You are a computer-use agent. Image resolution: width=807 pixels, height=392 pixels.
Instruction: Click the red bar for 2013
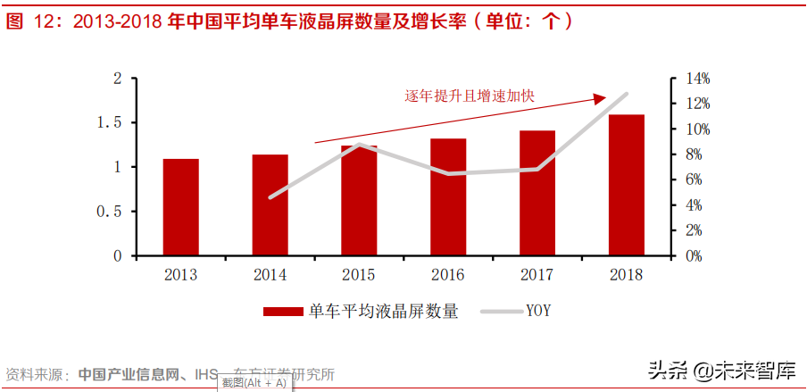[x=180, y=207]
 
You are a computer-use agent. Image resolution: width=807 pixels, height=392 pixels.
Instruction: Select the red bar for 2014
[x=270, y=205]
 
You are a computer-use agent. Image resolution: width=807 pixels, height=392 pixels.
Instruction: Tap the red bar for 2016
[x=448, y=197]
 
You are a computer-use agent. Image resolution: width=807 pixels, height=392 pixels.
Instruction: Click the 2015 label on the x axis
[x=359, y=275]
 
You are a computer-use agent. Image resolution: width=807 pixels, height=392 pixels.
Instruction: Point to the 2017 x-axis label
[x=537, y=275]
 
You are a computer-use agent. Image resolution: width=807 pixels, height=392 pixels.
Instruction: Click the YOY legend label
[x=537, y=311]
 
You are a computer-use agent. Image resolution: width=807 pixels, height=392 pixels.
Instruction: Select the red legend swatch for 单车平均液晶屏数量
[x=283, y=312]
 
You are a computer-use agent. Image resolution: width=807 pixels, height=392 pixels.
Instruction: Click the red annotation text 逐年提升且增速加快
[x=470, y=96]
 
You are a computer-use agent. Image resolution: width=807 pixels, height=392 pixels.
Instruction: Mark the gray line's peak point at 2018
[x=626, y=94]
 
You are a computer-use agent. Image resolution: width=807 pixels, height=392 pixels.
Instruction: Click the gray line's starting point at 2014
[x=270, y=197]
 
